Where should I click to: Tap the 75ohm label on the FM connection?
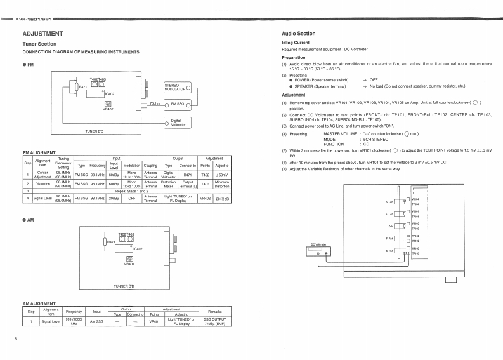(x=155, y=103)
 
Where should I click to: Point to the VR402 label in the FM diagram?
(x=108, y=109)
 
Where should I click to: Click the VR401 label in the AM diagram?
(x=129, y=263)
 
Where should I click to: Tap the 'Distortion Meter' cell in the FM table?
(x=168, y=184)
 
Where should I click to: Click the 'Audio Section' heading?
(x=298, y=33)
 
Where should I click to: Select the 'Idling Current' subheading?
(x=295, y=42)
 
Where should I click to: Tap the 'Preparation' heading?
(x=294, y=57)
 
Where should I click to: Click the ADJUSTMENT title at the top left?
(x=42, y=33)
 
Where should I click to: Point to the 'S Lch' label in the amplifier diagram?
(x=390, y=202)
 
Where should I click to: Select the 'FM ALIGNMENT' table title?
(x=39, y=152)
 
